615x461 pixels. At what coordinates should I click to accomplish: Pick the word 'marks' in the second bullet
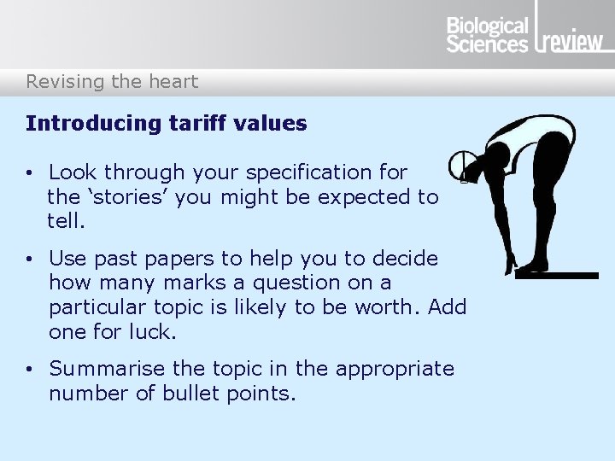[216, 283]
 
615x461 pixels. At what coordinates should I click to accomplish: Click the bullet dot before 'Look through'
[30, 173]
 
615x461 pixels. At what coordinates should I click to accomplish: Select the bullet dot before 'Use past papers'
[30, 259]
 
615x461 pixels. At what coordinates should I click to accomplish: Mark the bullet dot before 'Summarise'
[30, 370]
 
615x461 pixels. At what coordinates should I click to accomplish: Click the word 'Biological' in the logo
[488, 26]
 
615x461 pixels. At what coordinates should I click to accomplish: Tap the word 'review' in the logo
[571, 42]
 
